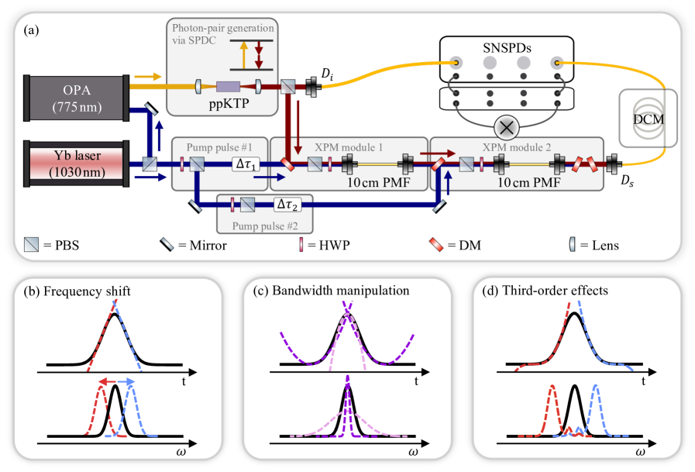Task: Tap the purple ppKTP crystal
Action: click(230, 88)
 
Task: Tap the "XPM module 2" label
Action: click(479, 146)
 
